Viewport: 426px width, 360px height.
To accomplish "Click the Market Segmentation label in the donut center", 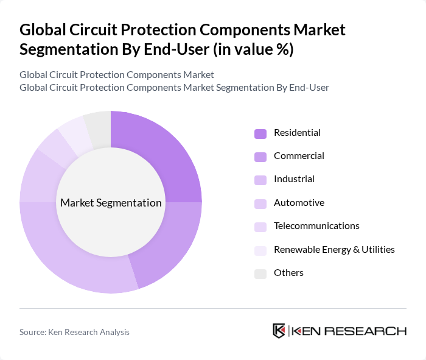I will [111, 203].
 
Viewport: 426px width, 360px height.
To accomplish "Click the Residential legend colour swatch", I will [260, 133].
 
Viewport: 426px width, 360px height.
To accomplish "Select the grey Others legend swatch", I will [260, 274].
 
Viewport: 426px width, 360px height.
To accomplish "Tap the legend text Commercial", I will [299, 156].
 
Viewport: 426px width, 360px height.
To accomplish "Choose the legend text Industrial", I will [294, 179].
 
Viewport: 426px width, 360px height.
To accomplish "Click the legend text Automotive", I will [299, 203].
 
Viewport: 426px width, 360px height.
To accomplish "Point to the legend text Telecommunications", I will [316, 226].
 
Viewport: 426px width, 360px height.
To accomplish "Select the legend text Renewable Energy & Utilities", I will [334, 249].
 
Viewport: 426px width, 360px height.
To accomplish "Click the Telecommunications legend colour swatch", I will [260, 227].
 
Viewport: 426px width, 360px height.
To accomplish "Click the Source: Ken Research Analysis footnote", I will [74, 332].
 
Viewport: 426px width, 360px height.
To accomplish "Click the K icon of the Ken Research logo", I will [279, 331].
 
